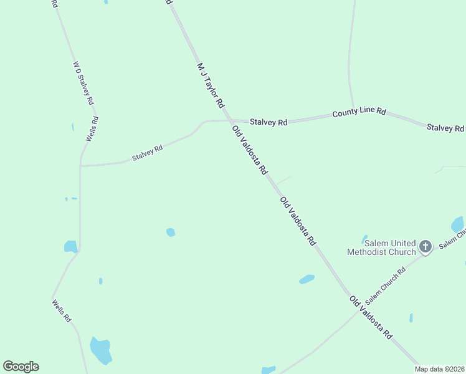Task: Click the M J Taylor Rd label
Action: [x=211, y=85]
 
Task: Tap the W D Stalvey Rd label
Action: [x=83, y=82]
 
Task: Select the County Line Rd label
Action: [x=359, y=113]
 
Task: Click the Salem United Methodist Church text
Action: [x=381, y=247]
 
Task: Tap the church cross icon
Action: [x=426, y=247]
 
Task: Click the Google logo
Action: [x=21, y=367]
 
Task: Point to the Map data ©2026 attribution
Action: [x=440, y=369]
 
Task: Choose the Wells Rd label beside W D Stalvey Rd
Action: [x=92, y=129]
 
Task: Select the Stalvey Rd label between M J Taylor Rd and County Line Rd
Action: [x=268, y=122]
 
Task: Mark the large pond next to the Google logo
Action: [x=100, y=350]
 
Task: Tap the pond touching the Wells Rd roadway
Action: [x=70, y=246]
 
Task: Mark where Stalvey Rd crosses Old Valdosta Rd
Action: [x=229, y=120]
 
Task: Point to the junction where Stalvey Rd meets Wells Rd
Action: [x=80, y=166]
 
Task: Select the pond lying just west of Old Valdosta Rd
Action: [x=307, y=279]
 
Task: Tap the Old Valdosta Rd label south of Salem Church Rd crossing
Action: [x=371, y=317]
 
